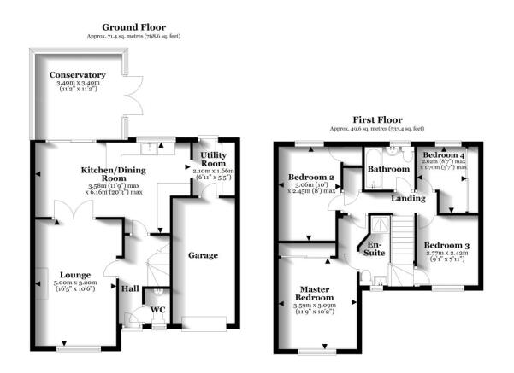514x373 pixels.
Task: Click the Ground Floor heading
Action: coord(133,27)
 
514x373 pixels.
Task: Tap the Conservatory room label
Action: coord(78,76)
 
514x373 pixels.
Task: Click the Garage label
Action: coord(203,254)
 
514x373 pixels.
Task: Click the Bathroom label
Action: coord(389,169)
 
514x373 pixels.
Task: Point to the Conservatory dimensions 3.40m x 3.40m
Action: coord(78,85)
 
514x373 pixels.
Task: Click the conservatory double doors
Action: coord(127,93)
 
